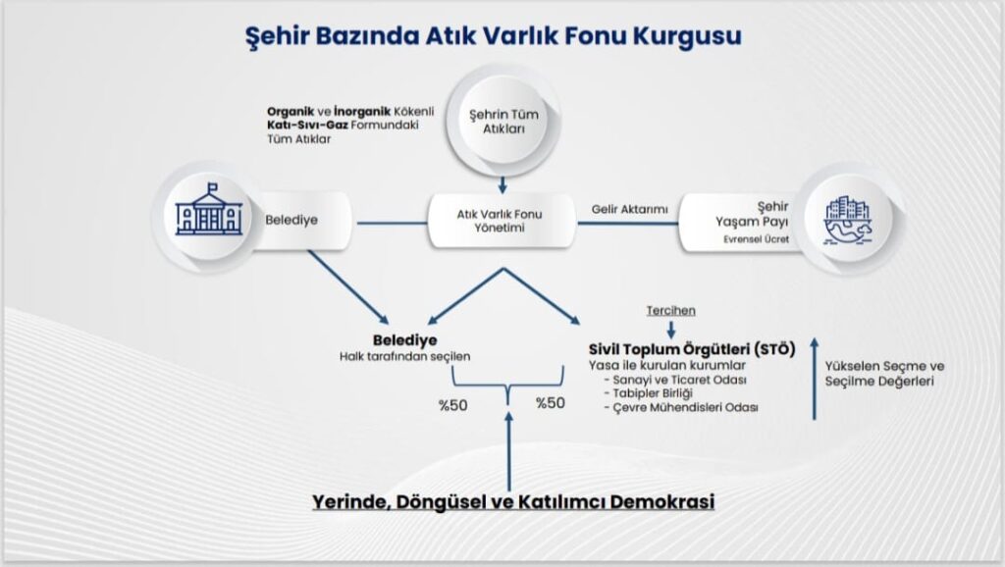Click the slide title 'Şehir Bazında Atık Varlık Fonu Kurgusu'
coord(494,36)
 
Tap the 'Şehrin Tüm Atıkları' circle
coord(503,122)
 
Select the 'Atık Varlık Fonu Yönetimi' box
coord(501,221)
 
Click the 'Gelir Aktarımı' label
coord(629,210)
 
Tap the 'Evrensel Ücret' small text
coord(757,239)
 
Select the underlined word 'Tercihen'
coord(670,311)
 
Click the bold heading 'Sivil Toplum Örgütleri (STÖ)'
coord(692,350)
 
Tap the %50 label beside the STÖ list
coord(551,403)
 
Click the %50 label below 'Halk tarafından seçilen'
coord(453,405)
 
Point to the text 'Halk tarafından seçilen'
coord(405,356)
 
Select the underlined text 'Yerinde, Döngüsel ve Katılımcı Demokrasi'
coord(513,501)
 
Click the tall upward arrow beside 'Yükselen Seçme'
coord(815,379)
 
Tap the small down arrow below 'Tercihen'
coord(671,330)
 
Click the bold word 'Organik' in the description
coord(291,112)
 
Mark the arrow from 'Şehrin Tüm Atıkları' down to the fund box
coord(502,185)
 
